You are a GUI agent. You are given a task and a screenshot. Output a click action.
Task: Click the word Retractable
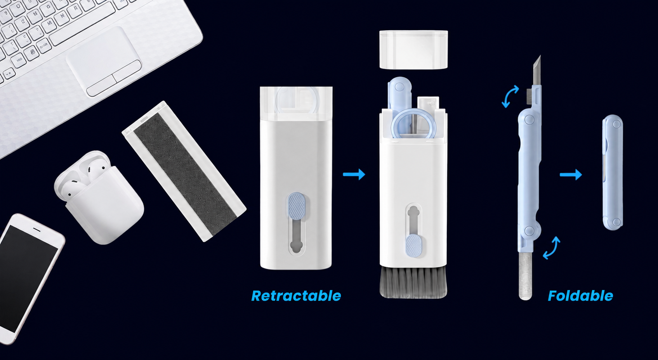tap(296, 296)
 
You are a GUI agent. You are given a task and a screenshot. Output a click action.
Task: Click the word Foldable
tap(580, 296)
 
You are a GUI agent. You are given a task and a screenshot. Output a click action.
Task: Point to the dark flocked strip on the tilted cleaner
tap(185, 173)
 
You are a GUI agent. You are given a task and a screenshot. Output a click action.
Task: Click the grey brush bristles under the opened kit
tap(413, 282)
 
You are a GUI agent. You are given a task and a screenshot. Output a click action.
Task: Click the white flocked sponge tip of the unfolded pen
tap(526, 276)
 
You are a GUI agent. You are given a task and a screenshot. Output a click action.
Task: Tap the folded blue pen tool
tap(613, 172)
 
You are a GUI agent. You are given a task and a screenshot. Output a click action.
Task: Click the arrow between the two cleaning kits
tap(354, 175)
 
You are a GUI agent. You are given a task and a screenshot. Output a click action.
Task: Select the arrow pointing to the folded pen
tap(571, 175)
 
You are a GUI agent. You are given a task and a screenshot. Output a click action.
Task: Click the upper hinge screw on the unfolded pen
tap(530, 119)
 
